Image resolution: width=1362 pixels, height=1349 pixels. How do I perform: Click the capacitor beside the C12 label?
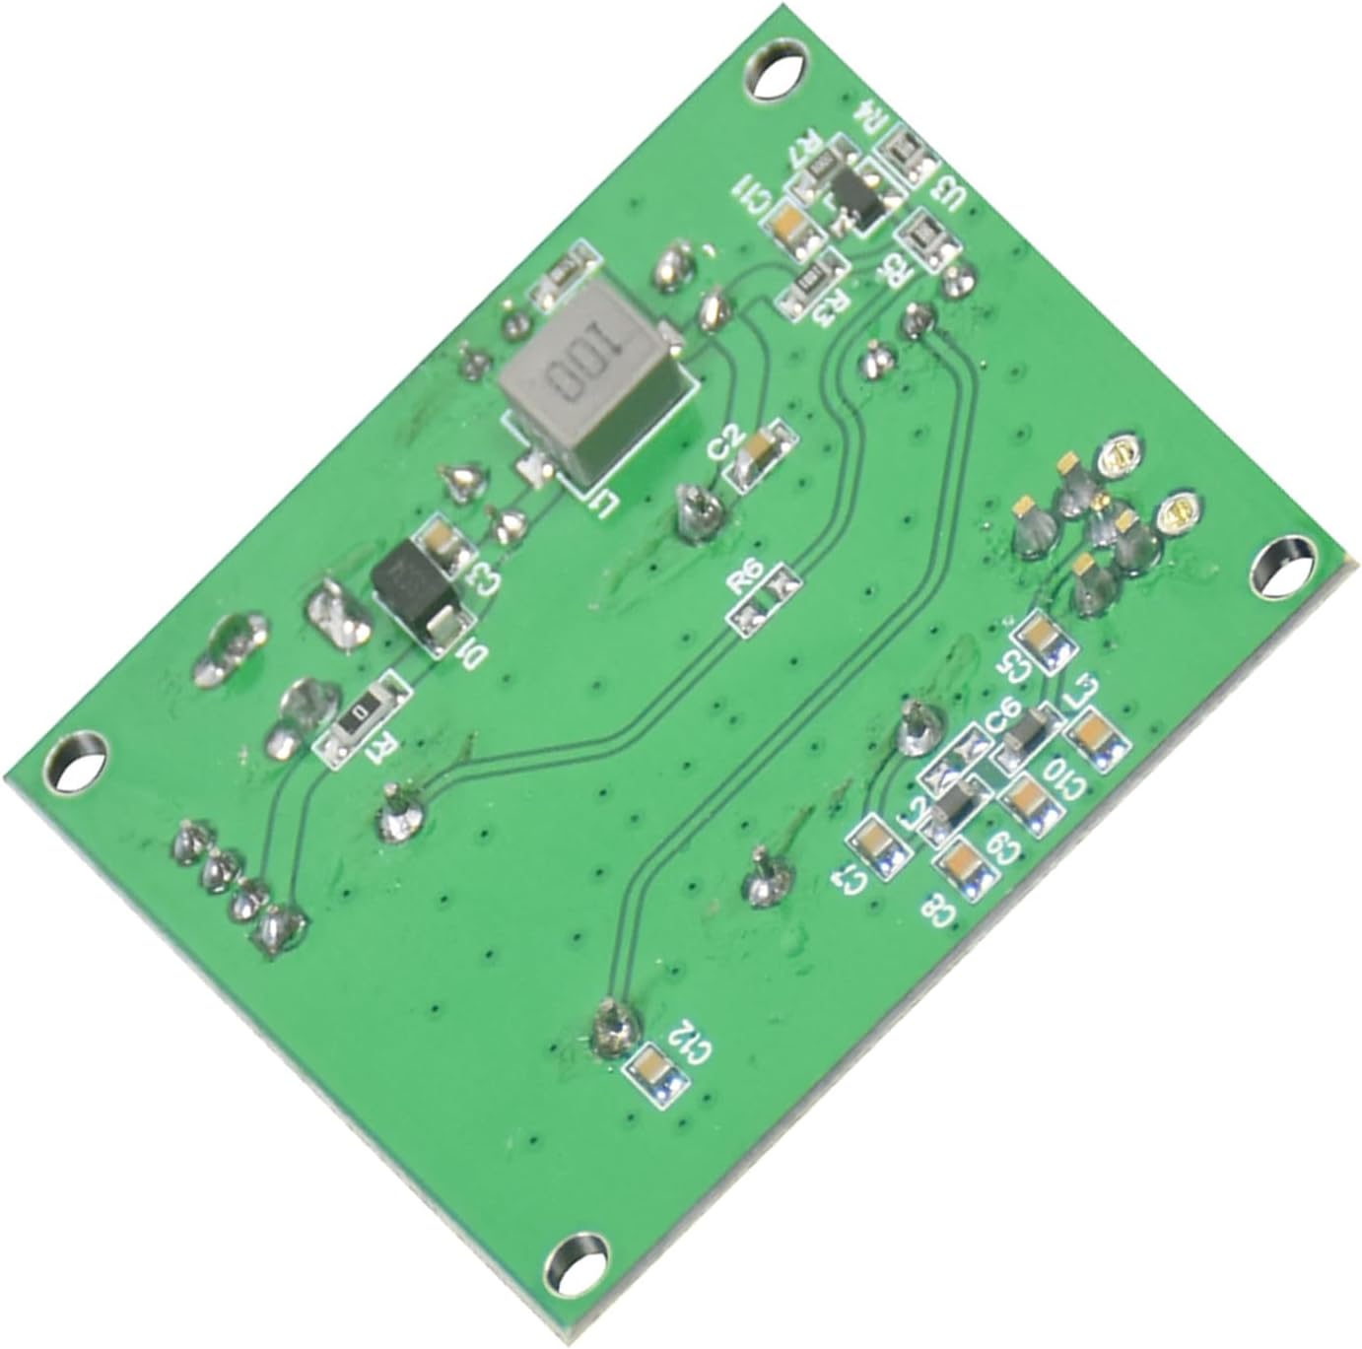pos(650,1069)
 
